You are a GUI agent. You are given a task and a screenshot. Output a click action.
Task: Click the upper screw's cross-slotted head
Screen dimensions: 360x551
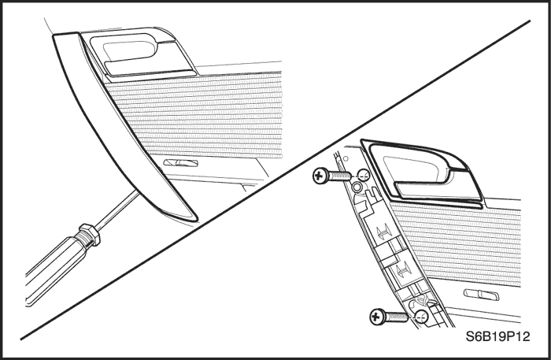pos(321,175)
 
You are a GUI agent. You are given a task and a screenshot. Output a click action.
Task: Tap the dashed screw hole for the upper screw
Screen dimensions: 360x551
pos(363,175)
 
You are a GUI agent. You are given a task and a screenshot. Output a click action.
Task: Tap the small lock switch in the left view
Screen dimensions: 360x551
pos(179,163)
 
